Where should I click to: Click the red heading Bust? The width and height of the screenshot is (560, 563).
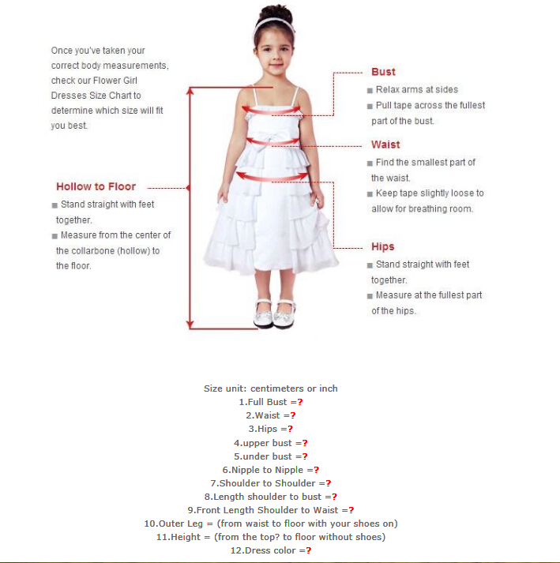click(383, 72)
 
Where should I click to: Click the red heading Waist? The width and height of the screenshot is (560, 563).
click(385, 145)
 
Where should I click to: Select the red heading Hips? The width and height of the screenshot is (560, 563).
click(382, 246)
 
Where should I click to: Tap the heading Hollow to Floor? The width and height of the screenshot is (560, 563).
click(96, 187)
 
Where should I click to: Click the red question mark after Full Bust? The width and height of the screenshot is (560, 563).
click(300, 402)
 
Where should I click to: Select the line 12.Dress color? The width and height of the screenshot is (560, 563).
click(270, 550)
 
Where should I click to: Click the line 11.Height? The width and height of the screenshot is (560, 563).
click(270, 537)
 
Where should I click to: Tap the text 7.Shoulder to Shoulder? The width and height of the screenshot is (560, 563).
click(270, 483)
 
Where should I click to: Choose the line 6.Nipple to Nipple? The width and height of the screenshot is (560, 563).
click(270, 470)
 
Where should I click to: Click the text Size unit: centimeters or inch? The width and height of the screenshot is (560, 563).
click(270, 388)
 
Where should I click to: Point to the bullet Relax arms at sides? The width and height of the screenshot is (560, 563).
click(416, 90)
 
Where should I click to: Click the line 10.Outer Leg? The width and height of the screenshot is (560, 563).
click(270, 524)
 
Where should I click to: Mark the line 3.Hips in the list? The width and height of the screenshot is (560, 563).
click(270, 429)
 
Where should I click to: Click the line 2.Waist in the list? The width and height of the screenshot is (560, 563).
click(270, 415)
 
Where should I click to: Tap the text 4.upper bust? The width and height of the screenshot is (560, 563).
click(270, 443)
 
